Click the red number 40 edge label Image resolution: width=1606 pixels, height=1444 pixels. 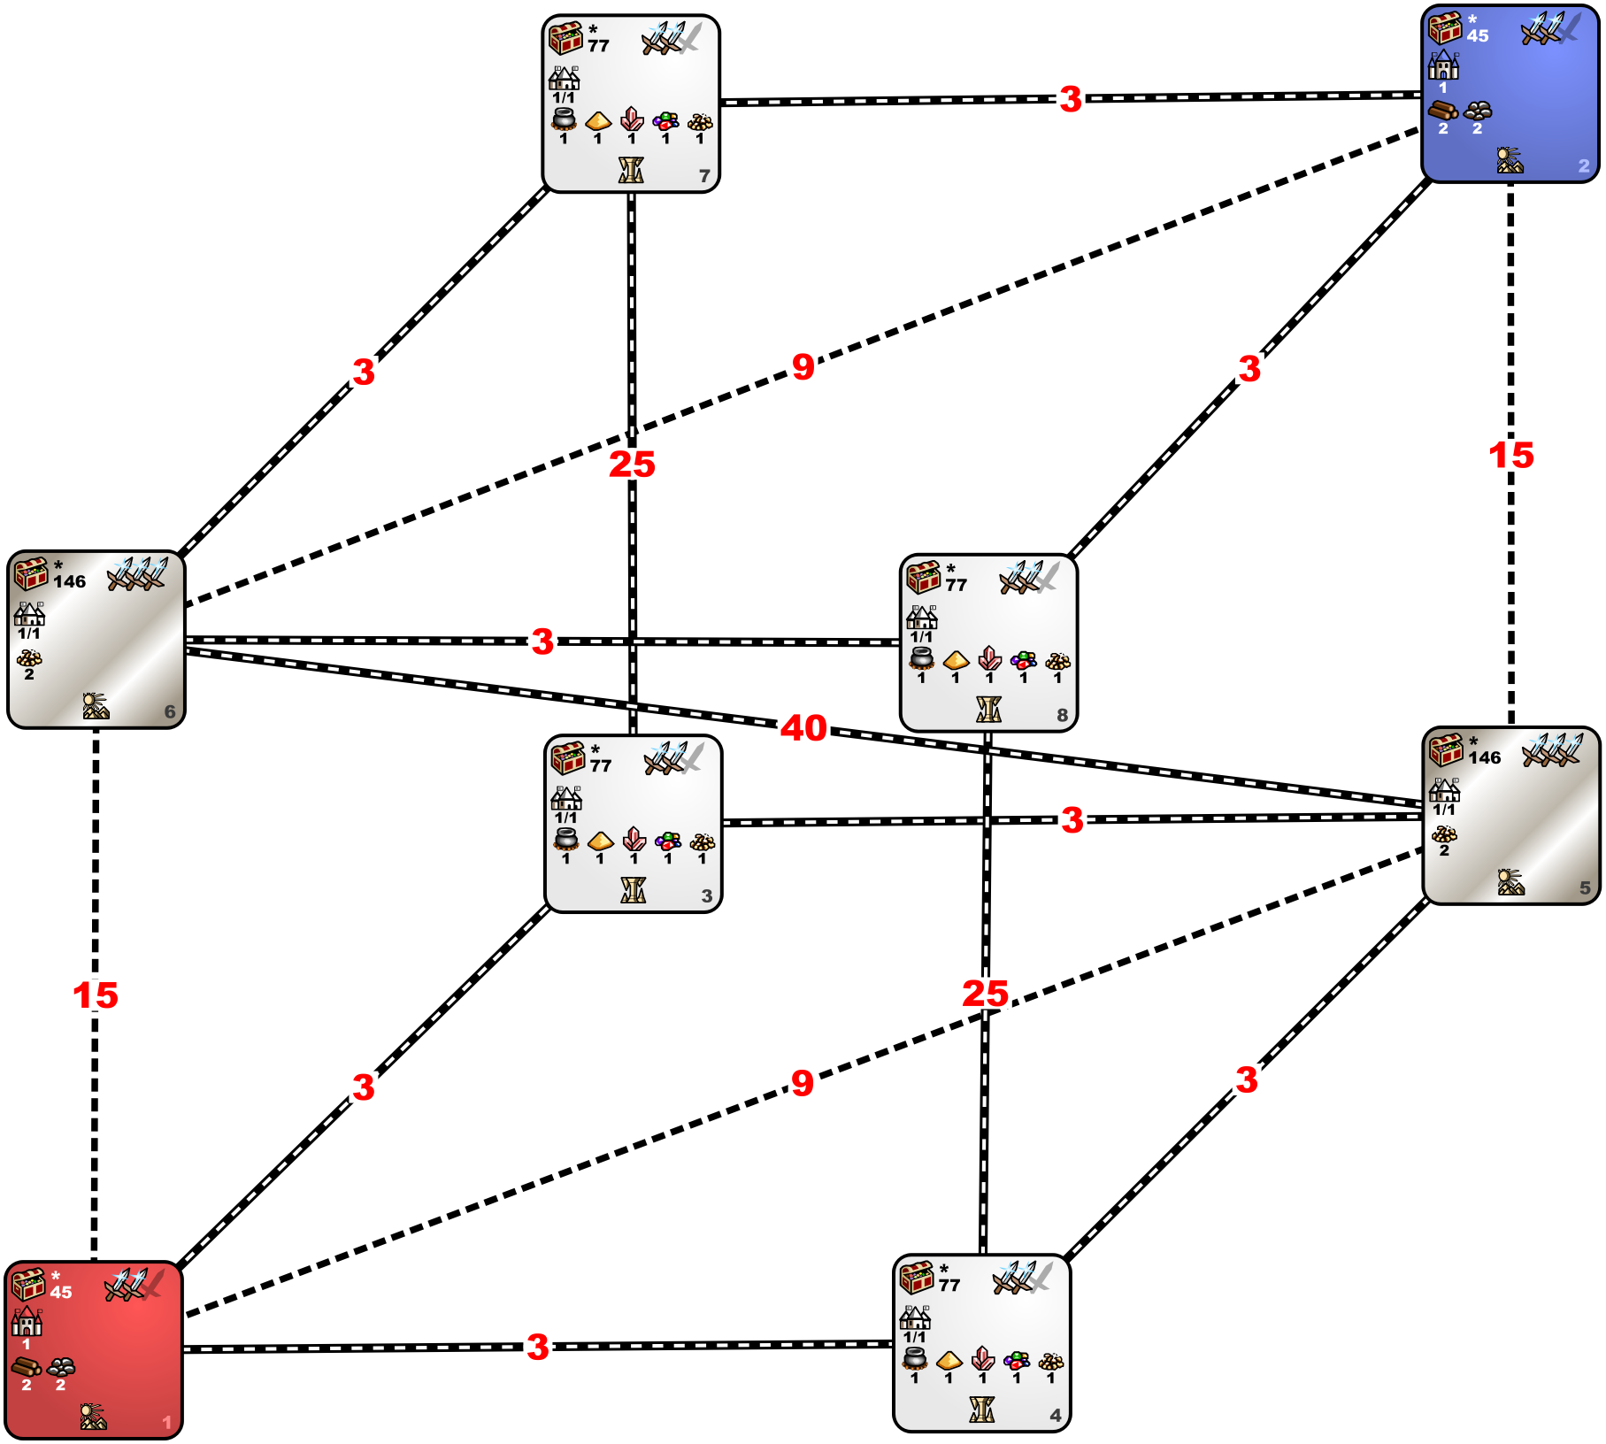pos(803,728)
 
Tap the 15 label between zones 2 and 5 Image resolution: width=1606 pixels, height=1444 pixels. pos(1511,456)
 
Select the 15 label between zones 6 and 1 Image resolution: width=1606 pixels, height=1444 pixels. pos(96,995)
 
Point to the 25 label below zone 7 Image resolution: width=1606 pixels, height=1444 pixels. pos(632,464)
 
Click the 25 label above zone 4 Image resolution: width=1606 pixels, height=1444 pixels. pos(986,993)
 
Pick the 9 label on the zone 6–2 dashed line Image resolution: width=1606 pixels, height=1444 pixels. pos(803,366)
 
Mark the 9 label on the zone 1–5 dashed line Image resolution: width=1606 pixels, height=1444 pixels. pos(802,1082)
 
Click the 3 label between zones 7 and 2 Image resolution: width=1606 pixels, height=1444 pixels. pos(1071,98)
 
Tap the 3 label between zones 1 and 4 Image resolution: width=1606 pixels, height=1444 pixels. pos(538,1347)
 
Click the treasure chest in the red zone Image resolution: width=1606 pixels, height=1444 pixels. pos(28,1284)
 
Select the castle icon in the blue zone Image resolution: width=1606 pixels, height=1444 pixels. pos(1443,65)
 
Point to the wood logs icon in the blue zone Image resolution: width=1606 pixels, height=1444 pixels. pos(1443,111)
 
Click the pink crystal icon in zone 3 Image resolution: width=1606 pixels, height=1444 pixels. pos(634,838)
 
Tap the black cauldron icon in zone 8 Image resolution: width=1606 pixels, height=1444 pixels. pos(922,657)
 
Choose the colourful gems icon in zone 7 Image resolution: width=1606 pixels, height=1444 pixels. pos(665,120)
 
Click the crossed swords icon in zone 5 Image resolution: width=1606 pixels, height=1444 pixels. pos(1552,750)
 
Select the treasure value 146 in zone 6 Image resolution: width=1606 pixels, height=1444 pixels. pos(70,581)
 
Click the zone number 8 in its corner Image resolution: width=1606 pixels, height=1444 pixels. pos(1062,715)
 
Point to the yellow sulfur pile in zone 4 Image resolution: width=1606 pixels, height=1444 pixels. pos(949,1359)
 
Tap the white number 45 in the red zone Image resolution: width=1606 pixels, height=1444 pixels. pos(61,1292)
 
